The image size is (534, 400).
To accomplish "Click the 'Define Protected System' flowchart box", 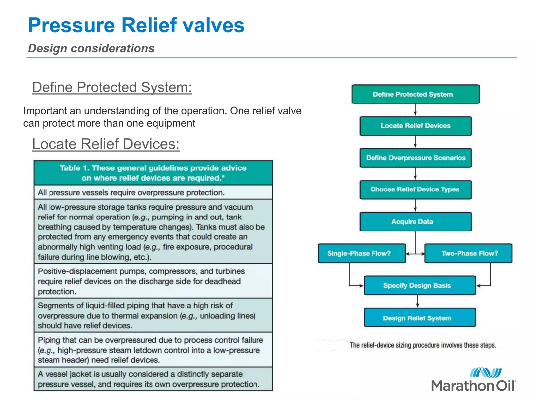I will coord(415,94).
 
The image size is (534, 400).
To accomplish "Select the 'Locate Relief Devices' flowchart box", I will coord(415,126).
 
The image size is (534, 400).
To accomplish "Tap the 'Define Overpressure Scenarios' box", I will coord(415,158).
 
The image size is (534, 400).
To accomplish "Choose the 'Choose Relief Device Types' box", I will coord(415,190).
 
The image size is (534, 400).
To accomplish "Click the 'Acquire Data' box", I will coord(415,222).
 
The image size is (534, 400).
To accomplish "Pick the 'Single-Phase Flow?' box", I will coord(361,253).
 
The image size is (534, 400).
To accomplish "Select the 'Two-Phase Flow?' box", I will coord(468,253).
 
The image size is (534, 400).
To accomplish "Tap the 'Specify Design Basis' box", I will coord(420,285).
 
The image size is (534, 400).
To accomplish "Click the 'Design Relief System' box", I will coord(420,318).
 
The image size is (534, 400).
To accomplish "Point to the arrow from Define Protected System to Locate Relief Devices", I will coord(415,110).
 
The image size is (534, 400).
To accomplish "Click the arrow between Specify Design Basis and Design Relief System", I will coord(417,301).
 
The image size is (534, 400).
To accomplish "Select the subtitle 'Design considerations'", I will coord(91,48).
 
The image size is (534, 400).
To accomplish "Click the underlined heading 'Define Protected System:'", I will coord(112,87).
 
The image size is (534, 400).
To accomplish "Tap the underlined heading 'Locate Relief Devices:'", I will coord(106,144).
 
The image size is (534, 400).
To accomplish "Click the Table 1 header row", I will coord(153,173).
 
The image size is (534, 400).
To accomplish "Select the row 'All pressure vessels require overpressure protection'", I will coord(153,192).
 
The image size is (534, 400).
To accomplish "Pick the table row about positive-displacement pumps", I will coord(153,281).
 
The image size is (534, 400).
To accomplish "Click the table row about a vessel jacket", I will coord(153,379).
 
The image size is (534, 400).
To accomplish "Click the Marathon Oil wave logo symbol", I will coord(486,373).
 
